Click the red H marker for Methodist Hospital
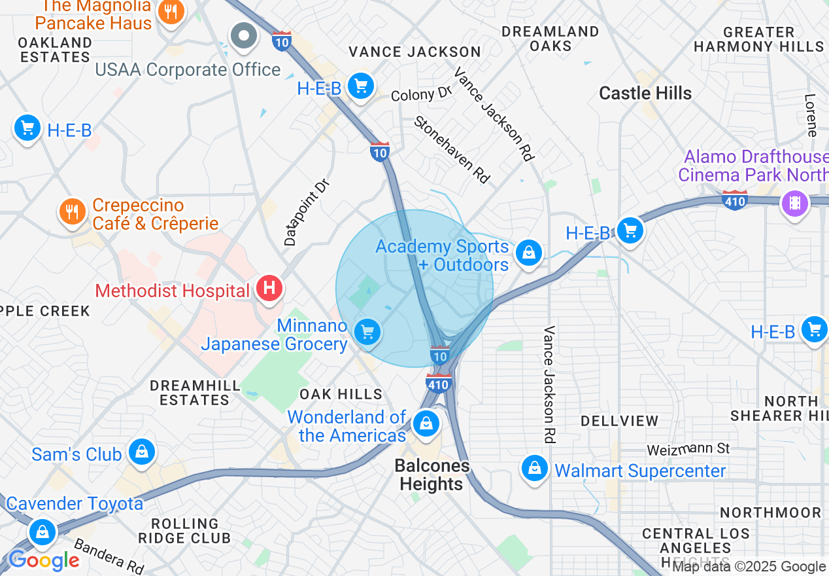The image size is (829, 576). point(269,288)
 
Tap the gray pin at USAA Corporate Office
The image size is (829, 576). point(245,35)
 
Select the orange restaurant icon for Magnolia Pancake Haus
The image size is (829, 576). point(171,11)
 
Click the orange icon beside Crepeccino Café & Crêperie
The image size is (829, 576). point(73,211)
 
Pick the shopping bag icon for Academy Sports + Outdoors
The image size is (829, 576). point(528,253)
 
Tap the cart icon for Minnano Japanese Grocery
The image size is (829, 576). point(367,332)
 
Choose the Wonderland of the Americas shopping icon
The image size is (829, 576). point(426,423)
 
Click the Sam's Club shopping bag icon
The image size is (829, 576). point(141,452)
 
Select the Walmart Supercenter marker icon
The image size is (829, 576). point(535,468)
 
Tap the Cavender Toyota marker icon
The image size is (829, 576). point(42,531)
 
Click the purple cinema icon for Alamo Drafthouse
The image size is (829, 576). point(794,203)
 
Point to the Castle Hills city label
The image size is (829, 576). point(645,93)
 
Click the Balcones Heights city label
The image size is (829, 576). point(431,475)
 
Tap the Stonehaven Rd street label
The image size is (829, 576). point(452,149)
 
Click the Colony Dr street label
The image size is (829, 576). point(422,94)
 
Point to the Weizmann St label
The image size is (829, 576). point(688,449)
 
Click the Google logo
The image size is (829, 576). point(44,561)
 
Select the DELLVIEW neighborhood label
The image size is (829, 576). point(619,420)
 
